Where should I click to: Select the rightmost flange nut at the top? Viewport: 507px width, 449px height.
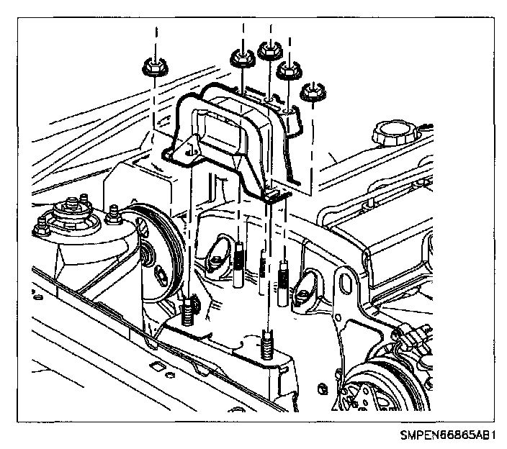[x=310, y=91]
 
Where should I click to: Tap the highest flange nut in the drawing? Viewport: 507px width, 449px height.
[x=268, y=50]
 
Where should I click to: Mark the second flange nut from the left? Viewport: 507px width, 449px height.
[x=241, y=58]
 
